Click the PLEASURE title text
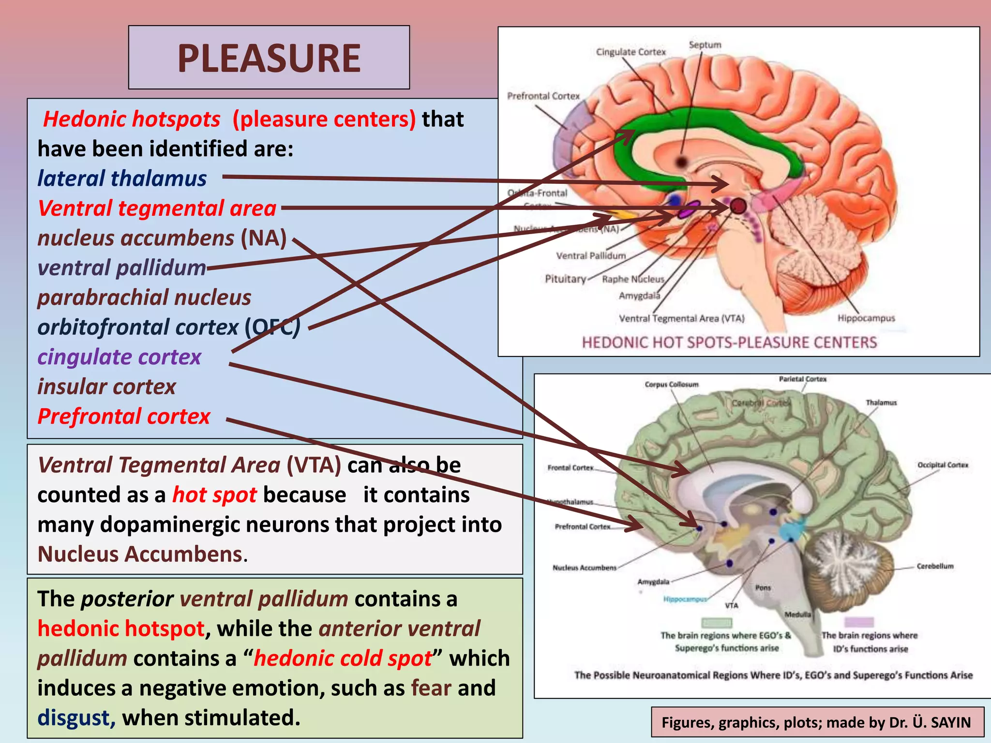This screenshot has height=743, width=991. (269, 58)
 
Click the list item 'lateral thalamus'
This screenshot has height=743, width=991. (122, 178)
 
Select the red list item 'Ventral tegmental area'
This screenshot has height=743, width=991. (157, 208)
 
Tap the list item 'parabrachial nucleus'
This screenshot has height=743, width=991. (144, 297)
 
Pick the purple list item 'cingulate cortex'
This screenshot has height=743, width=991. (119, 357)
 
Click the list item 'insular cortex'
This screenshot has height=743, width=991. (106, 387)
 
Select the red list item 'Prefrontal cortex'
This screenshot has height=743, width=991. (124, 416)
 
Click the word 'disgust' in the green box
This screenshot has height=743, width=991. (74, 718)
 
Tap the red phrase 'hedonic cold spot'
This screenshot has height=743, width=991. (343, 658)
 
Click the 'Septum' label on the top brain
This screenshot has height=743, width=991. (705, 45)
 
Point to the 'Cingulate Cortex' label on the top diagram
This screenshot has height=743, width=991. (631, 52)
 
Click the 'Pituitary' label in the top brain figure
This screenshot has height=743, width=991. (565, 279)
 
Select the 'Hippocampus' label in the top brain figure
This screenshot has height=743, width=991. (866, 318)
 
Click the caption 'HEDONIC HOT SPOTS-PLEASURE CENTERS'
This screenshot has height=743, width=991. (729, 342)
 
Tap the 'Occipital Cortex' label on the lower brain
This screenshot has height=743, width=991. (943, 465)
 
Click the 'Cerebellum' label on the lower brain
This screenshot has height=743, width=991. (935, 566)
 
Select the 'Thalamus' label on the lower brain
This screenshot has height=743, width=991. (881, 402)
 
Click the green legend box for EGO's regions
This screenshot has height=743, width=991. (717, 622)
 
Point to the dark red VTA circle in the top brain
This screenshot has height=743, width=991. (738, 207)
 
